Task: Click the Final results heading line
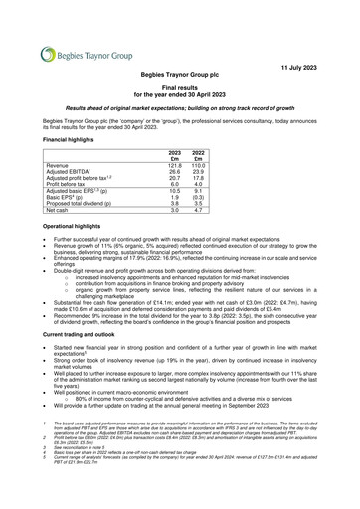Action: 180,87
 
